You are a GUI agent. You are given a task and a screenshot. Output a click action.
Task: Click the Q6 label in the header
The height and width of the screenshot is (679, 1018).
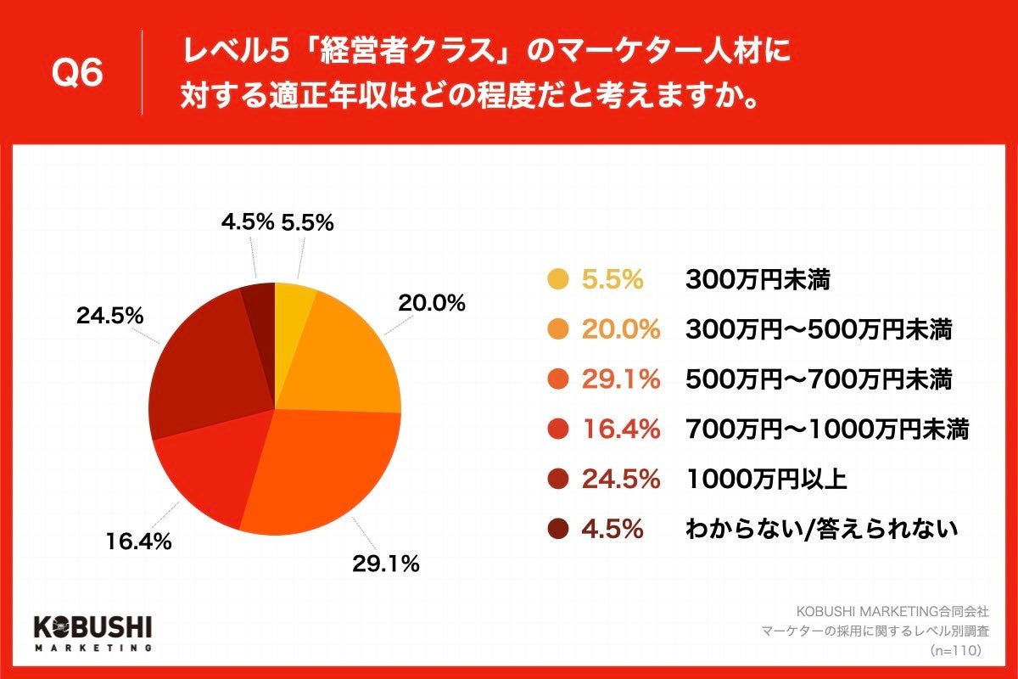(77, 75)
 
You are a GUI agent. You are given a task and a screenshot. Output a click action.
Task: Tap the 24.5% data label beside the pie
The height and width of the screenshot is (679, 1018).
(109, 316)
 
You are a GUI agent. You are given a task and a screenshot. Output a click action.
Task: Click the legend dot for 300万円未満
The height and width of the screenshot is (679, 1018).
(557, 279)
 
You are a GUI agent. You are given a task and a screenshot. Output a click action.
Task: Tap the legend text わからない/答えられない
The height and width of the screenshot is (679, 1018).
(821, 530)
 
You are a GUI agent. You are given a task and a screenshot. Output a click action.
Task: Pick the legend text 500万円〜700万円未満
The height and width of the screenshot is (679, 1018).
(818, 379)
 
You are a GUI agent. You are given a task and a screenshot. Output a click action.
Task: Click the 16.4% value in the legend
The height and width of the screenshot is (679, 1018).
(620, 429)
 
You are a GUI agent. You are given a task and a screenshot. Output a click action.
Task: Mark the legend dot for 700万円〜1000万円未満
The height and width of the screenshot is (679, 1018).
(557, 429)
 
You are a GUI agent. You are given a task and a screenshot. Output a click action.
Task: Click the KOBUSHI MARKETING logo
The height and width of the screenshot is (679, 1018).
(92, 632)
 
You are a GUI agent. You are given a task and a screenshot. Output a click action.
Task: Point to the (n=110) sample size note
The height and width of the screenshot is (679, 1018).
(955, 650)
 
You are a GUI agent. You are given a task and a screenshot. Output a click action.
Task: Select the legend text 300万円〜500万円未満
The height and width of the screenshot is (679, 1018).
(818, 329)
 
